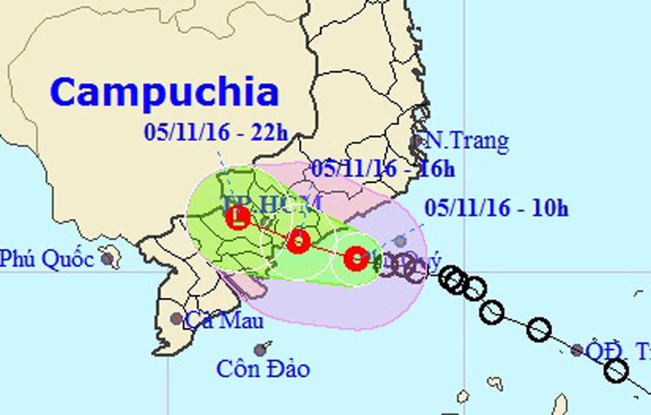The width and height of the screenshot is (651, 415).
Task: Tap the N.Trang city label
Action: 466,142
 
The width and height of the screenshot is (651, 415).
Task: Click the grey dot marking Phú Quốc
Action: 106,258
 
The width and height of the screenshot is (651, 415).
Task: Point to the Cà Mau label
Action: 217,319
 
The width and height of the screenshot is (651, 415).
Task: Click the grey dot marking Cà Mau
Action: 176,318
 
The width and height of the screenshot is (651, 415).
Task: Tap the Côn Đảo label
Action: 263,369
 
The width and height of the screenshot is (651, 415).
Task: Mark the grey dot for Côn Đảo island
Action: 260,350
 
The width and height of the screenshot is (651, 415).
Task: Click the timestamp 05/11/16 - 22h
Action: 216,132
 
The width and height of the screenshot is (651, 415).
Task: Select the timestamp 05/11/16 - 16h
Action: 383,169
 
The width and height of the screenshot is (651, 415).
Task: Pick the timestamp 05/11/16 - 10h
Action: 496,208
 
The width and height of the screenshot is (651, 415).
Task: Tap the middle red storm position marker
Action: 298,241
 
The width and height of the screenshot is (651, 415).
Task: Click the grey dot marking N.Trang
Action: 416,142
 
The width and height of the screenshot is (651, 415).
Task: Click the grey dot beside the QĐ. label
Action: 576,350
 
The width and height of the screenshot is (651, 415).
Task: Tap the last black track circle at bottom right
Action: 616,371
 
